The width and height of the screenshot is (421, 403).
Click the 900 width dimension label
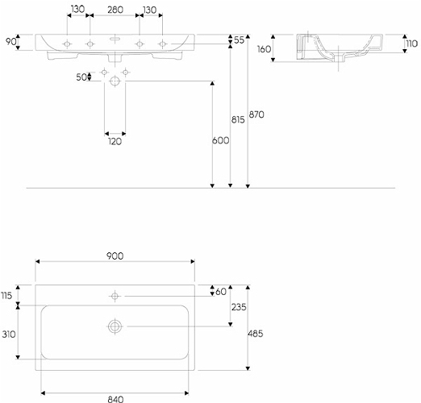(x=115, y=256)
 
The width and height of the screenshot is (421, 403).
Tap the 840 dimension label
(x=115, y=399)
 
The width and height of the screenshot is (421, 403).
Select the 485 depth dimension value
(x=256, y=334)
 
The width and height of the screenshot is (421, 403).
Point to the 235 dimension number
(x=239, y=307)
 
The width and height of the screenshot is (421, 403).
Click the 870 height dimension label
(x=256, y=114)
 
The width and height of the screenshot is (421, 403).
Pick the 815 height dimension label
(x=238, y=120)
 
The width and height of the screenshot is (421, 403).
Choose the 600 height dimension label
(x=221, y=140)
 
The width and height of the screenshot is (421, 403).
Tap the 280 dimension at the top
(x=115, y=10)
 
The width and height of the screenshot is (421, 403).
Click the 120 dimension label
(x=115, y=142)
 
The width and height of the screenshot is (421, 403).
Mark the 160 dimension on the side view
(x=265, y=49)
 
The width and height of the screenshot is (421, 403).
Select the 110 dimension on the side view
(x=411, y=44)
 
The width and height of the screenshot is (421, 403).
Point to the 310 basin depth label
(x=9, y=334)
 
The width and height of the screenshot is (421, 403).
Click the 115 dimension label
(x=6, y=296)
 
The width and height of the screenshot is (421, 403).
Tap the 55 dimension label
(x=239, y=40)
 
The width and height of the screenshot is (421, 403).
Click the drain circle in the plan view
(x=115, y=326)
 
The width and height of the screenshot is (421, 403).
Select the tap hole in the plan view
(x=115, y=296)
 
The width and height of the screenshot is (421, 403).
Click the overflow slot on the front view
(x=115, y=39)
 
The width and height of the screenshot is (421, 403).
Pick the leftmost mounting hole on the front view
(x=67, y=44)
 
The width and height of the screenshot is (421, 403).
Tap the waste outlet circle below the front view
(x=115, y=81)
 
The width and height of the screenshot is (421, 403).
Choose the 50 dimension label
(x=81, y=77)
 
